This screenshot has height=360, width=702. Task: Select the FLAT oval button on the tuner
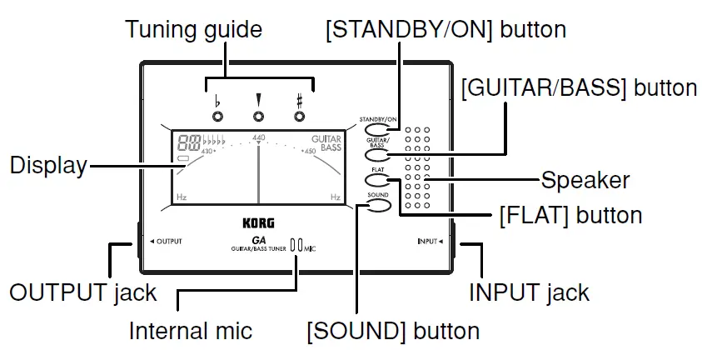pos(376,179)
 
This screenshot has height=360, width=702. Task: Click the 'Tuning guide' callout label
pos(193,31)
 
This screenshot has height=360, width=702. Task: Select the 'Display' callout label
pos(48,166)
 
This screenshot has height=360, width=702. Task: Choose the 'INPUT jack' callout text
pos(529,292)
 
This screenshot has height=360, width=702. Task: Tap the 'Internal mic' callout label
pos(190,331)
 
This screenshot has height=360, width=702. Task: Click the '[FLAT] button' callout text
pos(570,215)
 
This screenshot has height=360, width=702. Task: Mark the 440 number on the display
pos(258,137)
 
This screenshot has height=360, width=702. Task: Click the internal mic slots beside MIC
pos(296,246)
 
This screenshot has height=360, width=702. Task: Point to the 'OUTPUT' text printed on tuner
pos(167,241)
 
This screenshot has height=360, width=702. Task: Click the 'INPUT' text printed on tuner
pos(430,242)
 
